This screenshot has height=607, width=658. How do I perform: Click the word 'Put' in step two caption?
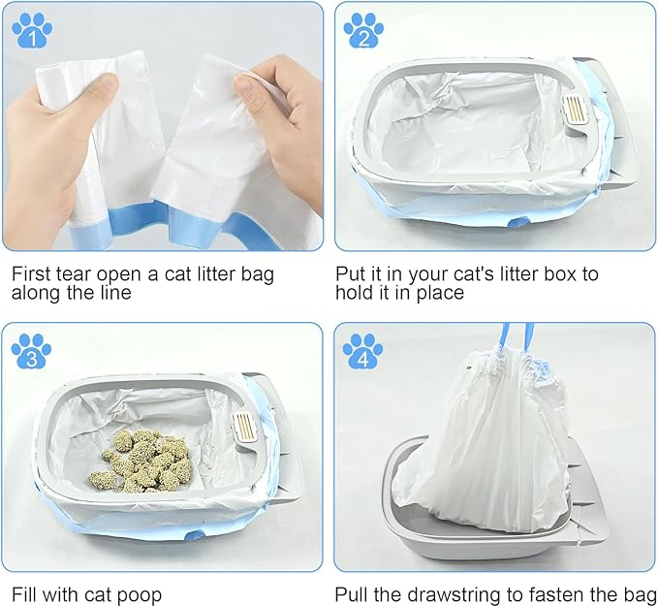click(x=351, y=273)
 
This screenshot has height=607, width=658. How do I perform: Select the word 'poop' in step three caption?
click(x=139, y=593)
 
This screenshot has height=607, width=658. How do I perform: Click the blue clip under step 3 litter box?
click(x=194, y=534)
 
